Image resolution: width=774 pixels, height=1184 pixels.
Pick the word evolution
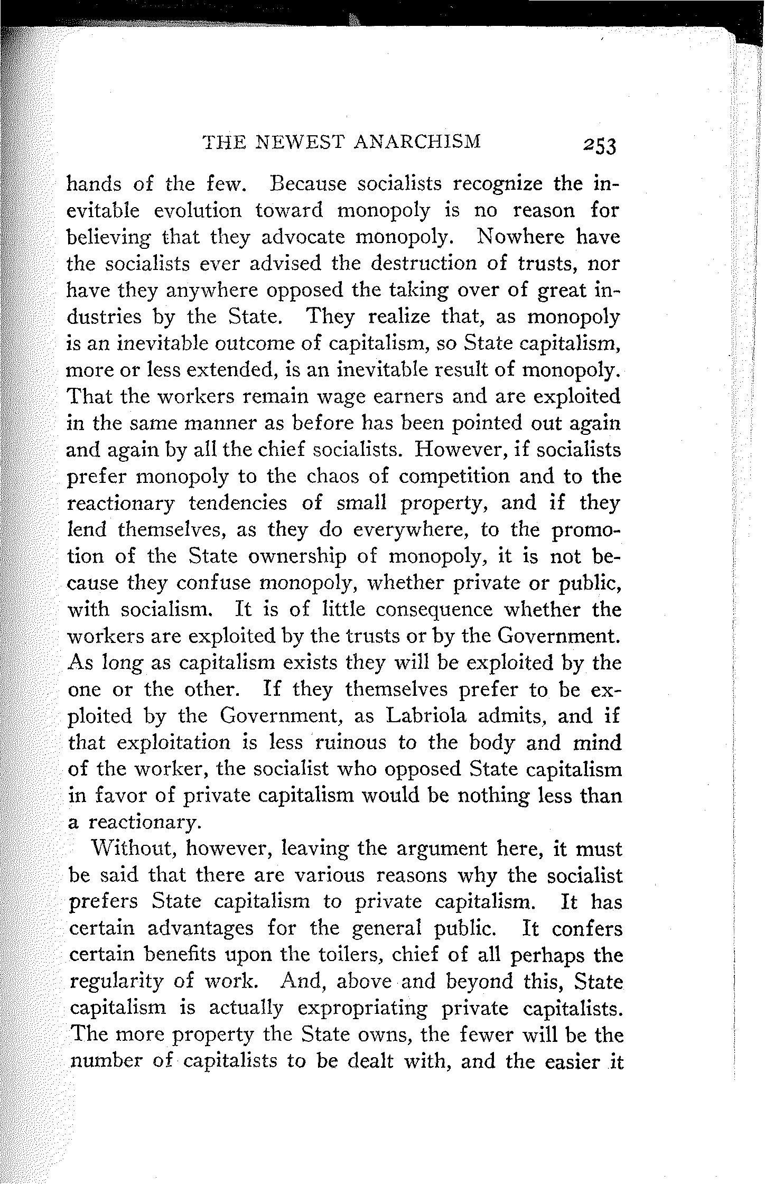point(198,210)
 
